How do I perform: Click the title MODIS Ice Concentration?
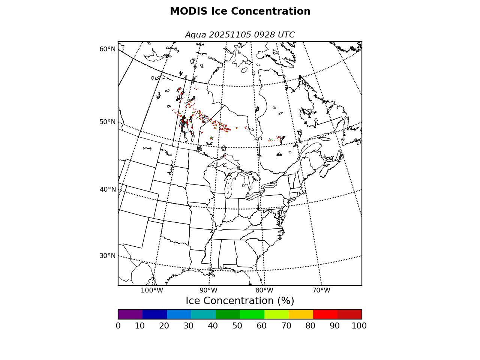pyautogui.click(x=240, y=12)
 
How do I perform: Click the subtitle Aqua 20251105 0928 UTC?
pyautogui.click(x=240, y=35)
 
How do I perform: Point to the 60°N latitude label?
pyautogui.click(x=108, y=49)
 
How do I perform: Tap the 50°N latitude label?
pyautogui.click(x=108, y=122)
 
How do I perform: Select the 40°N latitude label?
pyautogui.click(x=108, y=189)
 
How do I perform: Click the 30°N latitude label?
pyautogui.click(x=108, y=256)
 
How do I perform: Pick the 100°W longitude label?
pyautogui.click(x=152, y=290)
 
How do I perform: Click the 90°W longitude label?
pyautogui.click(x=208, y=290)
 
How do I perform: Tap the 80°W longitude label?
pyautogui.click(x=264, y=290)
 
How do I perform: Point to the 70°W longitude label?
pyautogui.click(x=321, y=290)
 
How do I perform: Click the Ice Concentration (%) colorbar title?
pyautogui.click(x=240, y=301)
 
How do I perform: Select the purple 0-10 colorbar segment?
pyautogui.click(x=130, y=314)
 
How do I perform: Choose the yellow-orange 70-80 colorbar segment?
pyautogui.click(x=301, y=314)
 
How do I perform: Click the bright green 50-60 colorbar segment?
pyautogui.click(x=252, y=314)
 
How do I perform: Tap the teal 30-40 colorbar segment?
pyautogui.click(x=203, y=314)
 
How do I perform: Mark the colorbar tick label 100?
pyautogui.click(x=359, y=326)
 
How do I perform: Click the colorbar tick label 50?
pyautogui.click(x=237, y=326)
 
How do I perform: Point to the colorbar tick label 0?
pyautogui.click(x=118, y=326)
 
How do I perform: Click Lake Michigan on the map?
pyautogui.click(x=228, y=186)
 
